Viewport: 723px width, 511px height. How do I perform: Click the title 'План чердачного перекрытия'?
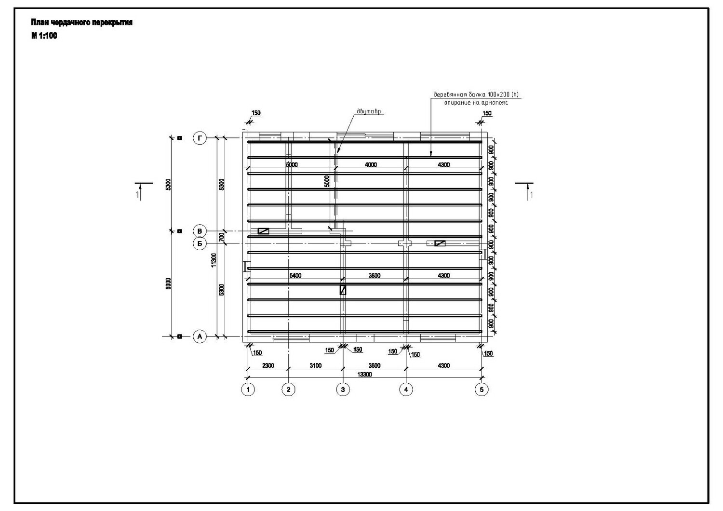[x=81, y=23]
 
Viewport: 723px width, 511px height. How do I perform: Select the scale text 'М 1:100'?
[x=44, y=36]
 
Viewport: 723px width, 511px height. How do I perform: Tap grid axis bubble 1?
[x=248, y=389]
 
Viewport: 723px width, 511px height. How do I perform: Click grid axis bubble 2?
[x=288, y=389]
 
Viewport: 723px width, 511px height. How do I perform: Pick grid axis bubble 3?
[x=343, y=389]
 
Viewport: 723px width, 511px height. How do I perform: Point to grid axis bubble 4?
[x=406, y=389]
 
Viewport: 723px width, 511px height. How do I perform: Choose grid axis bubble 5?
[x=481, y=389]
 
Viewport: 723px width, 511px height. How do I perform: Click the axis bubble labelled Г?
[x=200, y=138]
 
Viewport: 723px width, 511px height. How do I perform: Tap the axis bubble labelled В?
[x=200, y=231]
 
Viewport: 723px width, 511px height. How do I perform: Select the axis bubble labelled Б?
[x=200, y=243]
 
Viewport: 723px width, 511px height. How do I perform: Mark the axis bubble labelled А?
[x=200, y=336]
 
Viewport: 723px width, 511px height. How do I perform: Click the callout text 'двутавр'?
[x=369, y=111]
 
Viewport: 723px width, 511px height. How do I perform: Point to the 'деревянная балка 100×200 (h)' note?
[x=475, y=94]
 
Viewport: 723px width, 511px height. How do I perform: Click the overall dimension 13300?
[x=364, y=374]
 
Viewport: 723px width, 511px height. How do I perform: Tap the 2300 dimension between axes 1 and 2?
[x=268, y=365]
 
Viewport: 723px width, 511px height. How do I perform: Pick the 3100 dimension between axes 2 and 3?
[x=315, y=365]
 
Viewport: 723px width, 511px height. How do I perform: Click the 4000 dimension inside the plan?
[x=371, y=165]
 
